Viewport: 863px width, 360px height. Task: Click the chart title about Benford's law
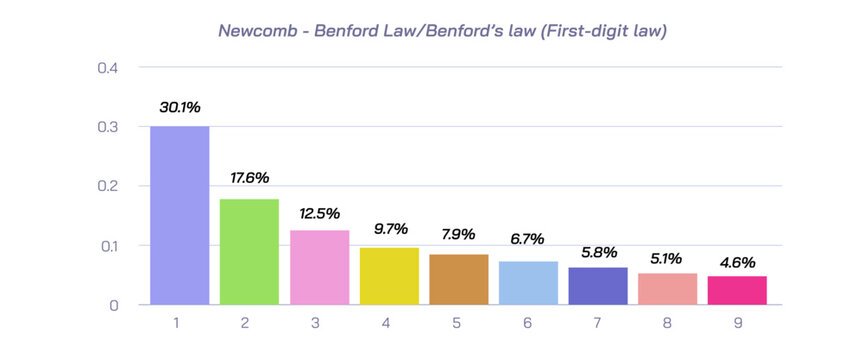coord(442,31)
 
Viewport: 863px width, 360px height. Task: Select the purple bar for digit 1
coord(180,215)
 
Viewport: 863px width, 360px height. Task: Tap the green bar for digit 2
coord(249,251)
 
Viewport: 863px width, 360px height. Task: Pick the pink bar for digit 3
coord(319,267)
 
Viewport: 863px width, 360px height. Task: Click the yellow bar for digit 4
coord(389,275)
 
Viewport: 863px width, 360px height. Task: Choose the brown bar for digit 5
coord(459,279)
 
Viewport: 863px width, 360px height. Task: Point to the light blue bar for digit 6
coord(528,283)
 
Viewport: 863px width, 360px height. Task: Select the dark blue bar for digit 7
coord(598,285)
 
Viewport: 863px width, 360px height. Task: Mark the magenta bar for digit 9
coord(737,290)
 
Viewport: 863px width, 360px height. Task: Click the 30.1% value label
coord(180,106)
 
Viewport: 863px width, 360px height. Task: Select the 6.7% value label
coord(528,240)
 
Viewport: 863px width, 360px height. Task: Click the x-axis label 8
coord(668,325)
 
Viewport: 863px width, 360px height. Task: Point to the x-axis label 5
coord(459,325)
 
